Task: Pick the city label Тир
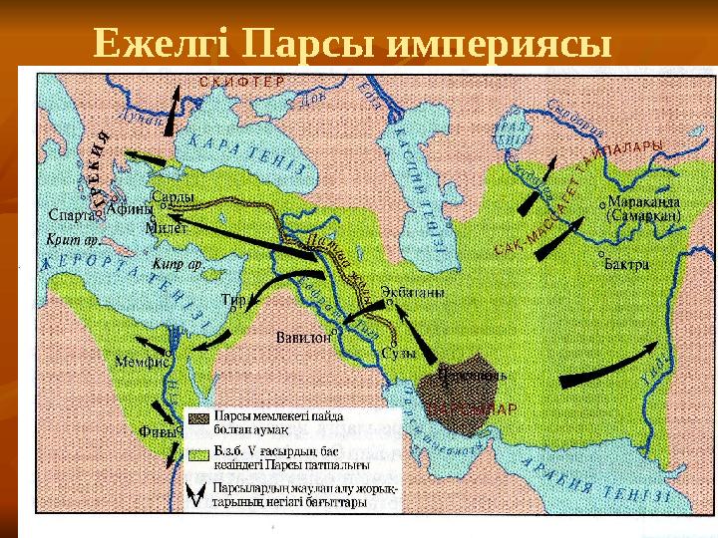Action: [x=233, y=298]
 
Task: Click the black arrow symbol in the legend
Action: [x=199, y=490]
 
